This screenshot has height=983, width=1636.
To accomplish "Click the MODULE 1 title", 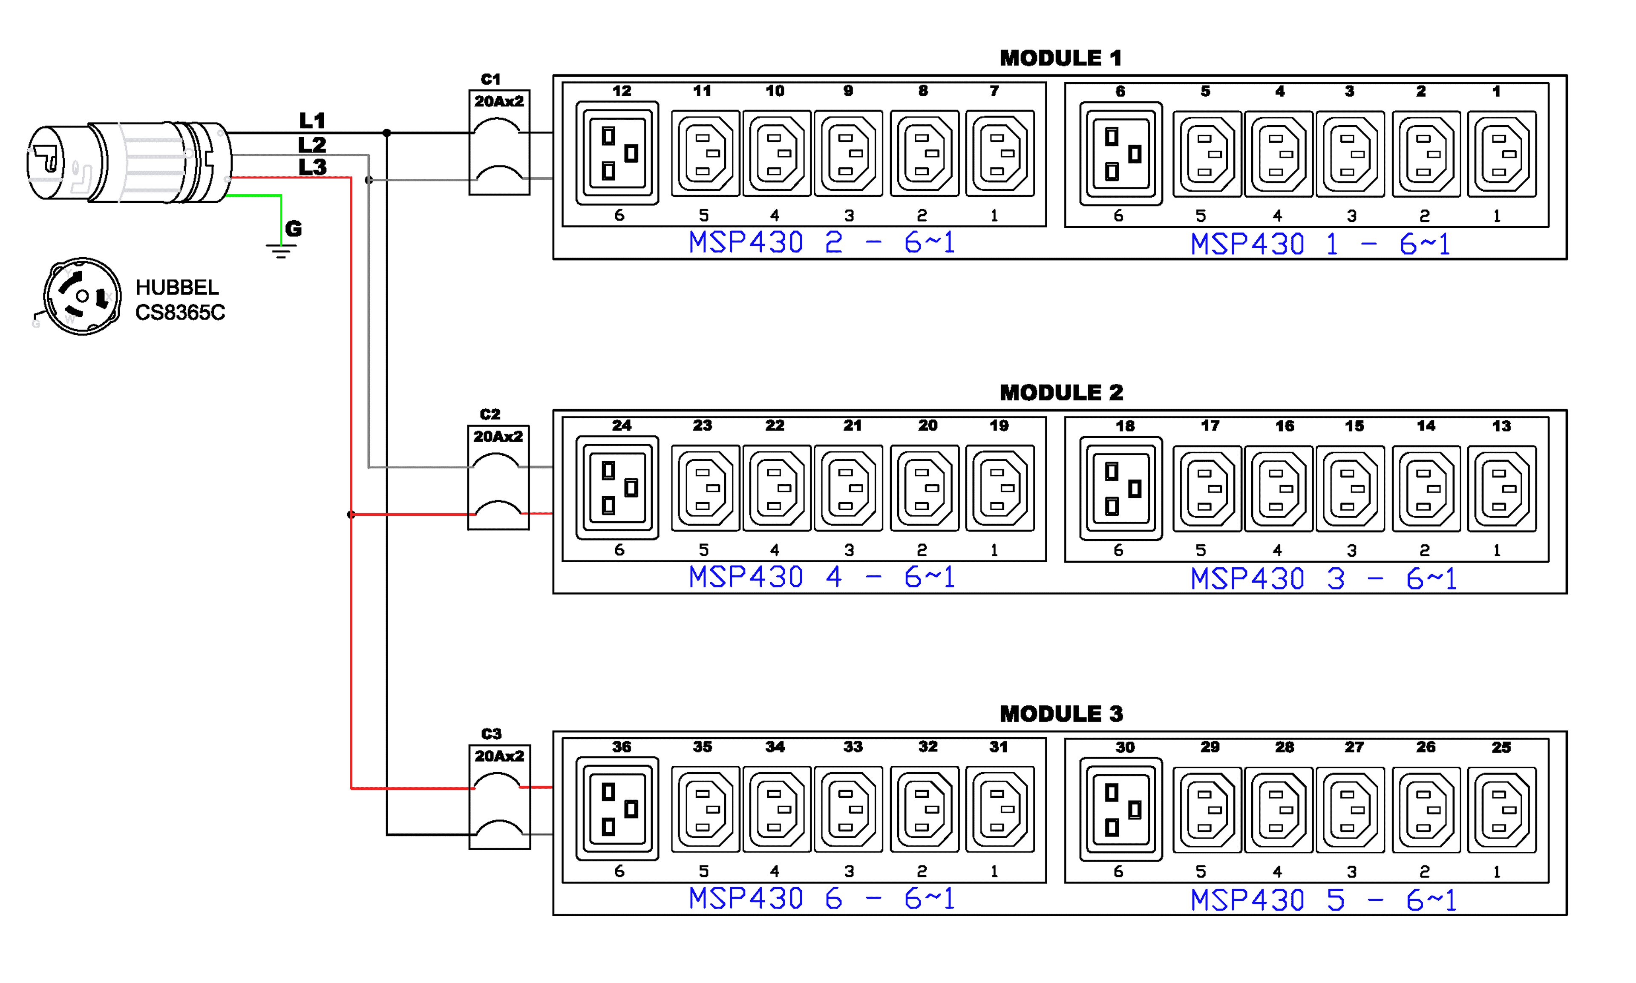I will tap(1060, 58).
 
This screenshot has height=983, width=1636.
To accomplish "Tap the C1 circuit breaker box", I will tap(499, 142).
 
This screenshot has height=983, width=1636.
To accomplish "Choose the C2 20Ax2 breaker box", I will tap(498, 477).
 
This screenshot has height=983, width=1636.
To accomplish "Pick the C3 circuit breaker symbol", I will tap(499, 797).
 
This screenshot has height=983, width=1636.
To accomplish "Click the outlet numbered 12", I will tap(617, 153).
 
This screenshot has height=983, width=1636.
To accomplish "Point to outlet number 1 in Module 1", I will tap(1501, 154).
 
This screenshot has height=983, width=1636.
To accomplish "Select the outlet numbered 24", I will tap(617, 488).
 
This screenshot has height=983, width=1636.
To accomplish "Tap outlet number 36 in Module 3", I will tap(617, 809).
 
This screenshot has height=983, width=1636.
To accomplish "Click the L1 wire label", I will tap(311, 121).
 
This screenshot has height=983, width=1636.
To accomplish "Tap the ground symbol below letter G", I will tap(281, 250).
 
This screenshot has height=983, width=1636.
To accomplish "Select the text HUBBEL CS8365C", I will tap(179, 299).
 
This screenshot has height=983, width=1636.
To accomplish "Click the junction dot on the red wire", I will tap(351, 514).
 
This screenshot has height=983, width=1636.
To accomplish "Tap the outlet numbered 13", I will tap(1501, 488).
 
